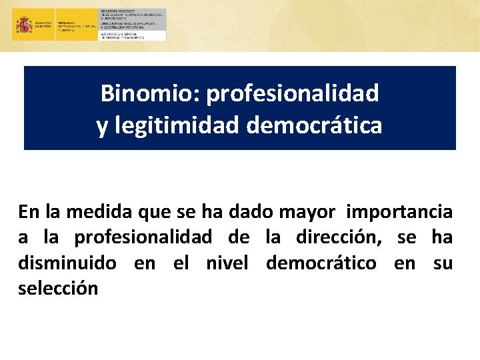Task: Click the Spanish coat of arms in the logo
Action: [24, 25]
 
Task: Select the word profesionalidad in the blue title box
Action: [293, 94]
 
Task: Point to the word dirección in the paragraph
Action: [343, 237]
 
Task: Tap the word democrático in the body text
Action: [321, 263]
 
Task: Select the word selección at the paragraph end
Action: [59, 288]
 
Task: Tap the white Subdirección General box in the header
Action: [133, 35]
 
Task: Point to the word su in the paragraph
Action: [443, 263]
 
